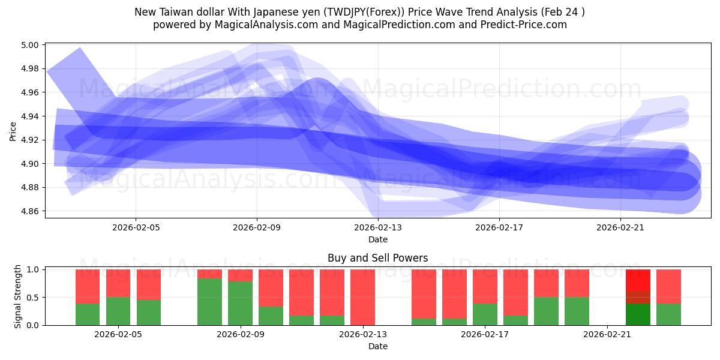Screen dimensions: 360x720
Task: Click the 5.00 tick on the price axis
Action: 31,45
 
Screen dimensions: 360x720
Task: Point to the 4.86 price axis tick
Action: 31,211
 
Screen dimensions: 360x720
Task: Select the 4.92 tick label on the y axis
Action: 31,140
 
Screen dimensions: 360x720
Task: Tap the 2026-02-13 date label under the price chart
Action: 378,227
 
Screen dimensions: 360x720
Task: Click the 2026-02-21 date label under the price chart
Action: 620,227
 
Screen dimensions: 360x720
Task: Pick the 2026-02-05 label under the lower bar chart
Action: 118,334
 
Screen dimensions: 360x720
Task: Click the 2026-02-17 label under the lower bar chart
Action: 485,334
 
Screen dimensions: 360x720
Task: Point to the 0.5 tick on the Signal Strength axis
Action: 34,298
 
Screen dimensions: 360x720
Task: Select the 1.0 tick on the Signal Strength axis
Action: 34,269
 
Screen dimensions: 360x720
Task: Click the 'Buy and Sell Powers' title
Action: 377,259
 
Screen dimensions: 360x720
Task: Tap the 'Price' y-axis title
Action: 13,131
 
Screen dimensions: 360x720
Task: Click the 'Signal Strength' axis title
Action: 18,296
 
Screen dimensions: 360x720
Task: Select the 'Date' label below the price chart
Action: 377,239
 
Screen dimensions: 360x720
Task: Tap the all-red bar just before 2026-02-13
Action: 362,297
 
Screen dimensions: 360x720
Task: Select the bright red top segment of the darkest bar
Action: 638,280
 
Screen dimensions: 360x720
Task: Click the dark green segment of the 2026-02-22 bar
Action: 638,314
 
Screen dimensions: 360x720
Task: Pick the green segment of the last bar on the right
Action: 668,314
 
